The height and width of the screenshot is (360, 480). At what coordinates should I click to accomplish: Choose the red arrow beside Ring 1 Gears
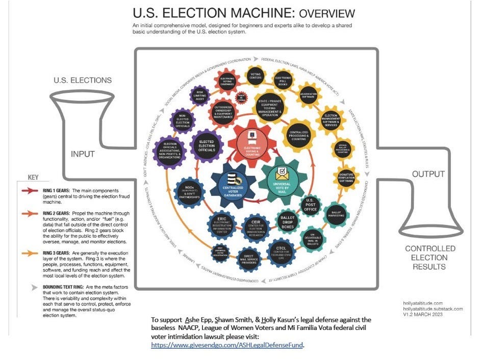(x=31, y=190)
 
